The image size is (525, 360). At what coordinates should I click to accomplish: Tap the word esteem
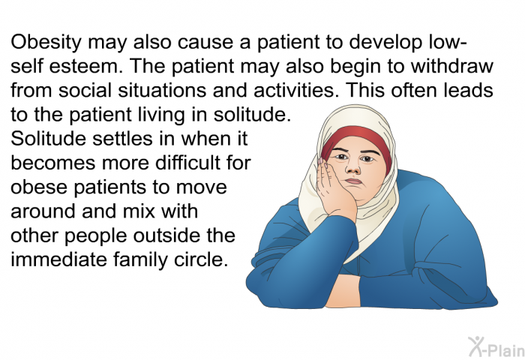85,66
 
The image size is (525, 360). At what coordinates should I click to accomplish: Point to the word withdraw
452,66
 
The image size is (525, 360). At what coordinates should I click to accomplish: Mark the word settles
122,139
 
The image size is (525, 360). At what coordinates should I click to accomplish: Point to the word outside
167,235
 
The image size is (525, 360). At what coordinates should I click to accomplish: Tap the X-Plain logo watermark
496,347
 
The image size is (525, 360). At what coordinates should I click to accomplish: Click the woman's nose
352,167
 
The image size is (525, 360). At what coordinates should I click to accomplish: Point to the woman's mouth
354,181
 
